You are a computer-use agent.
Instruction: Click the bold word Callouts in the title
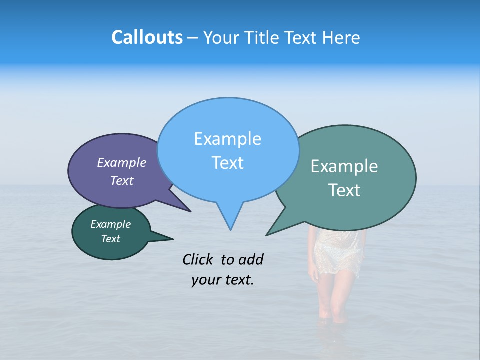(x=147, y=37)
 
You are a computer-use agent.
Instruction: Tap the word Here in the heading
(x=342, y=37)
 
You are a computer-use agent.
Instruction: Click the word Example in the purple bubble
(x=122, y=162)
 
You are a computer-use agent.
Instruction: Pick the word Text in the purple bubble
(x=122, y=180)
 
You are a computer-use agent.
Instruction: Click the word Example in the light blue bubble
(x=227, y=139)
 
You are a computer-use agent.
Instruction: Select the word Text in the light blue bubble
(x=227, y=163)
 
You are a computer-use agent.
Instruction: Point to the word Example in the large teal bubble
(x=344, y=166)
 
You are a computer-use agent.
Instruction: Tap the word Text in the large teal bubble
(x=344, y=190)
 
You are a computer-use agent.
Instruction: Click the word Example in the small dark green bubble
(x=110, y=224)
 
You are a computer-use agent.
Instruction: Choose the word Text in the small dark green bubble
(x=110, y=239)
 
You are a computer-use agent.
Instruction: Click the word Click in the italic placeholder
(x=198, y=259)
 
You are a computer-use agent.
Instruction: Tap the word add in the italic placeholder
(x=251, y=259)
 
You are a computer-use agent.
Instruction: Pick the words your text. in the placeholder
(x=223, y=280)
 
